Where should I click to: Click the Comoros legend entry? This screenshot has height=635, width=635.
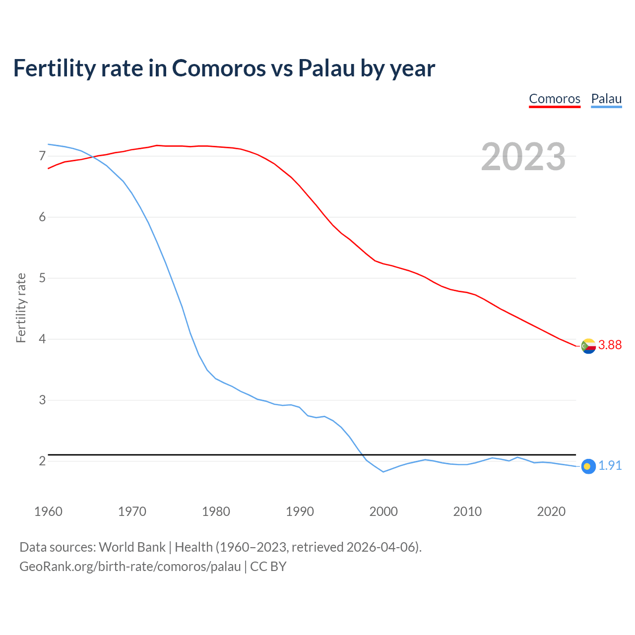point(555,99)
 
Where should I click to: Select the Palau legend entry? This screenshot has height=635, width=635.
point(606,99)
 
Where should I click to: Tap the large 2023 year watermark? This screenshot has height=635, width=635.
point(523,157)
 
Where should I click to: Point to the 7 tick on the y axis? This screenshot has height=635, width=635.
point(42,156)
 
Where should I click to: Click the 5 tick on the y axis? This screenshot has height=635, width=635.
point(42,278)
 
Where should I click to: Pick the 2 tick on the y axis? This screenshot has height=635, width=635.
point(42,461)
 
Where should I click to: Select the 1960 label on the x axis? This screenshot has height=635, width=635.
point(48,511)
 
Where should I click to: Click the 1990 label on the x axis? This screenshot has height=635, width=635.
point(300,511)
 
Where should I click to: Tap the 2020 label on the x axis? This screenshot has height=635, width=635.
point(551,511)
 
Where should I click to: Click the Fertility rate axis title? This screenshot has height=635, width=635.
point(21,308)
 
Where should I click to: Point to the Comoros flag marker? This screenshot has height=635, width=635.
point(588,346)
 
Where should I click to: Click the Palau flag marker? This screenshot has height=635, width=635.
point(588,466)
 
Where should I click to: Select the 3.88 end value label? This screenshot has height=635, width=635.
point(610,345)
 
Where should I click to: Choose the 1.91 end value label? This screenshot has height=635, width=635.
point(610,465)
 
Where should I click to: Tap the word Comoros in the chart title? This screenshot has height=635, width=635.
point(219,68)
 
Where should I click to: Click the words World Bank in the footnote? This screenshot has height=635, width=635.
point(132,547)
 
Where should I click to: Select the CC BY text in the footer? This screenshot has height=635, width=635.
point(268,567)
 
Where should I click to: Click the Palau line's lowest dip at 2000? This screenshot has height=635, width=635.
point(383,472)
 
